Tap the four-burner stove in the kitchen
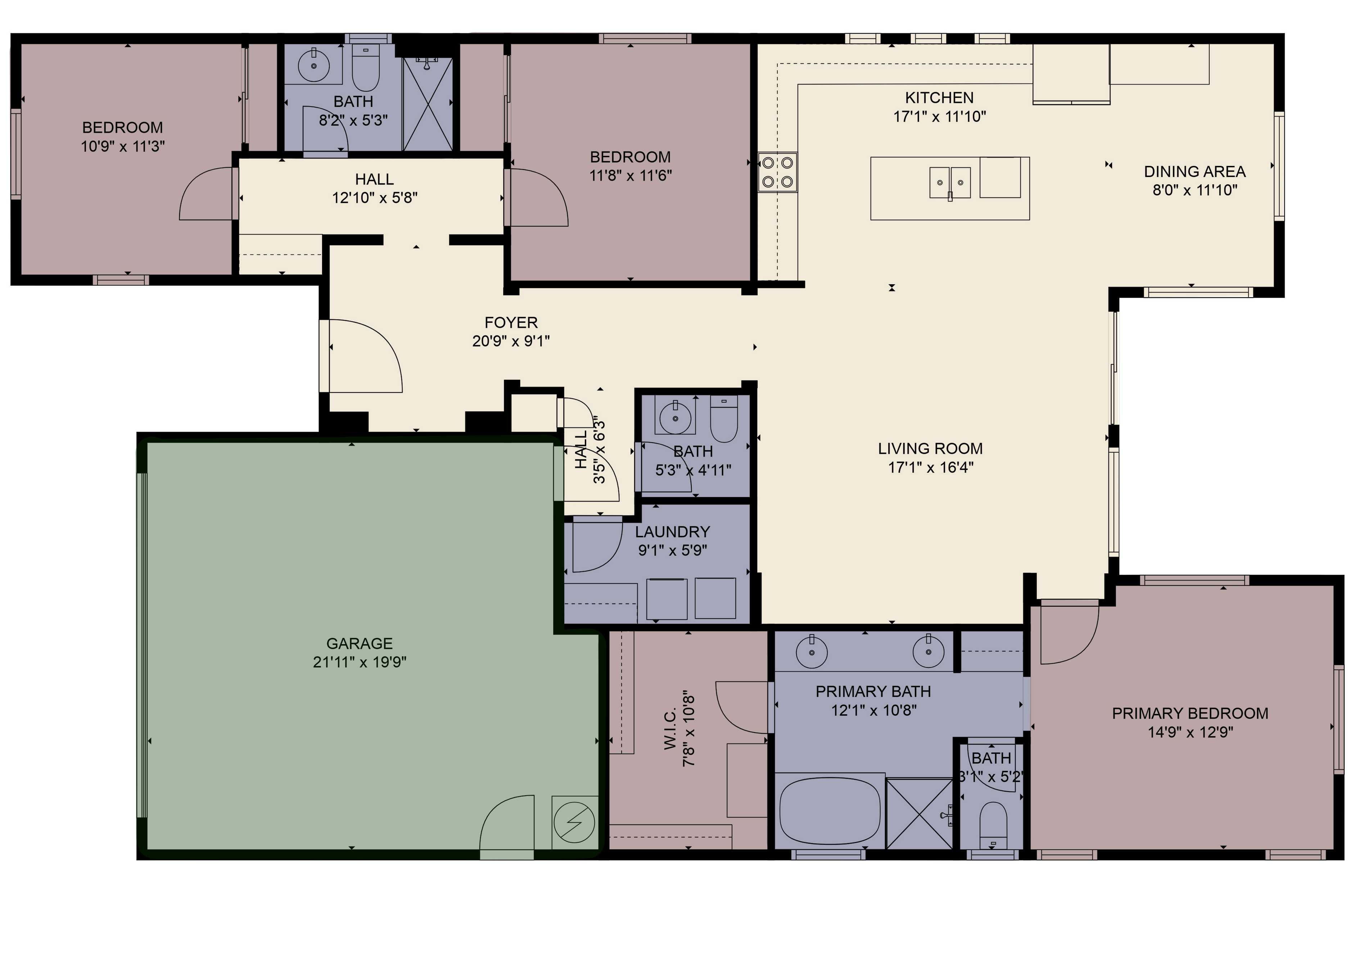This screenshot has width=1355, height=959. click(x=777, y=172)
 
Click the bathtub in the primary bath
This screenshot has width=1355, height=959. click(x=830, y=811)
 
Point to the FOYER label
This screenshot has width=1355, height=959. click(x=511, y=322)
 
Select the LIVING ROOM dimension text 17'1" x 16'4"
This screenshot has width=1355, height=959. click(x=930, y=467)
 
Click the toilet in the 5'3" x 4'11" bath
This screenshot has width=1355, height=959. click(x=723, y=420)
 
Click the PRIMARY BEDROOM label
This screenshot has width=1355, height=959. click(x=1190, y=713)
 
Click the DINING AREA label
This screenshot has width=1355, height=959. click(x=1194, y=172)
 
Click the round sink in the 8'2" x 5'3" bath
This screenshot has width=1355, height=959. click(x=313, y=65)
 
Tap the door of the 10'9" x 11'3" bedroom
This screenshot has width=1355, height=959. click(x=207, y=194)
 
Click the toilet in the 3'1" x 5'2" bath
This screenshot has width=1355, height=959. click(x=993, y=823)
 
